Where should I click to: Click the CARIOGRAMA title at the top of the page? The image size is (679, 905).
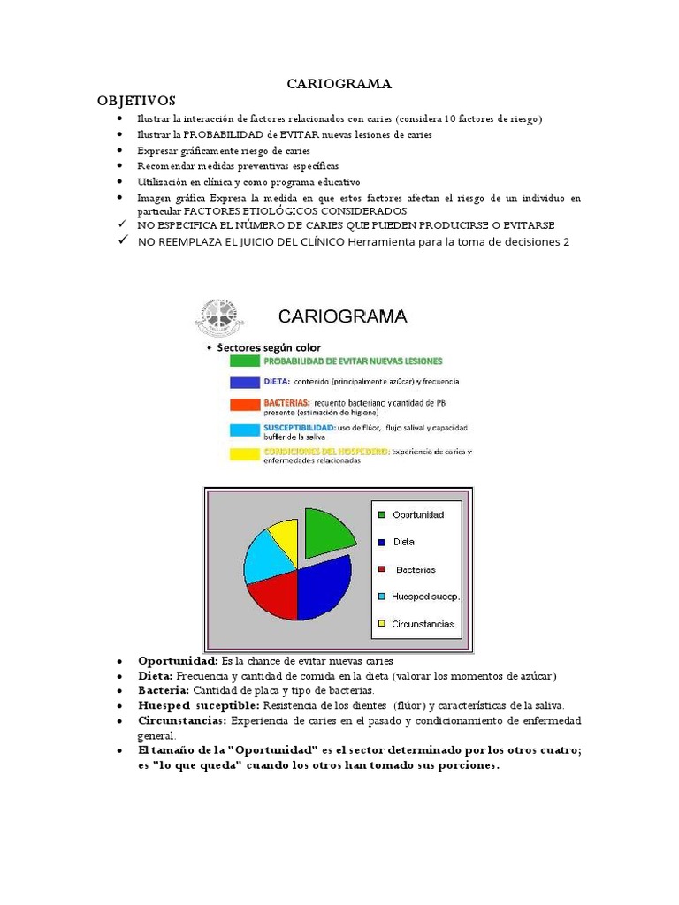pyautogui.click(x=339, y=84)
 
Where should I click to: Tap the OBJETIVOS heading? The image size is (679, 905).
pyautogui.click(x=137, y=101)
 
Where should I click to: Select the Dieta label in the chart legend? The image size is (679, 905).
pyautogui.click(x=403, y=542)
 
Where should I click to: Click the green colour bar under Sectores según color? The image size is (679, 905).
pyautogui.click(x=244, y=361)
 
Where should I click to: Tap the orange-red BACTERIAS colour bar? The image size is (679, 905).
pyautogui.click(x=244, y=406)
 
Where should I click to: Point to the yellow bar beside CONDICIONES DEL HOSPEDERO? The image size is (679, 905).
pyautogui.click(x=244, y=454)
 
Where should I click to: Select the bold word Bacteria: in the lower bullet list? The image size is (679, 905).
pyautogui.click(x=164, y=690)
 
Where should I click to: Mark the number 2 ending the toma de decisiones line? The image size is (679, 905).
pyautogui.click(x=566, y=243)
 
